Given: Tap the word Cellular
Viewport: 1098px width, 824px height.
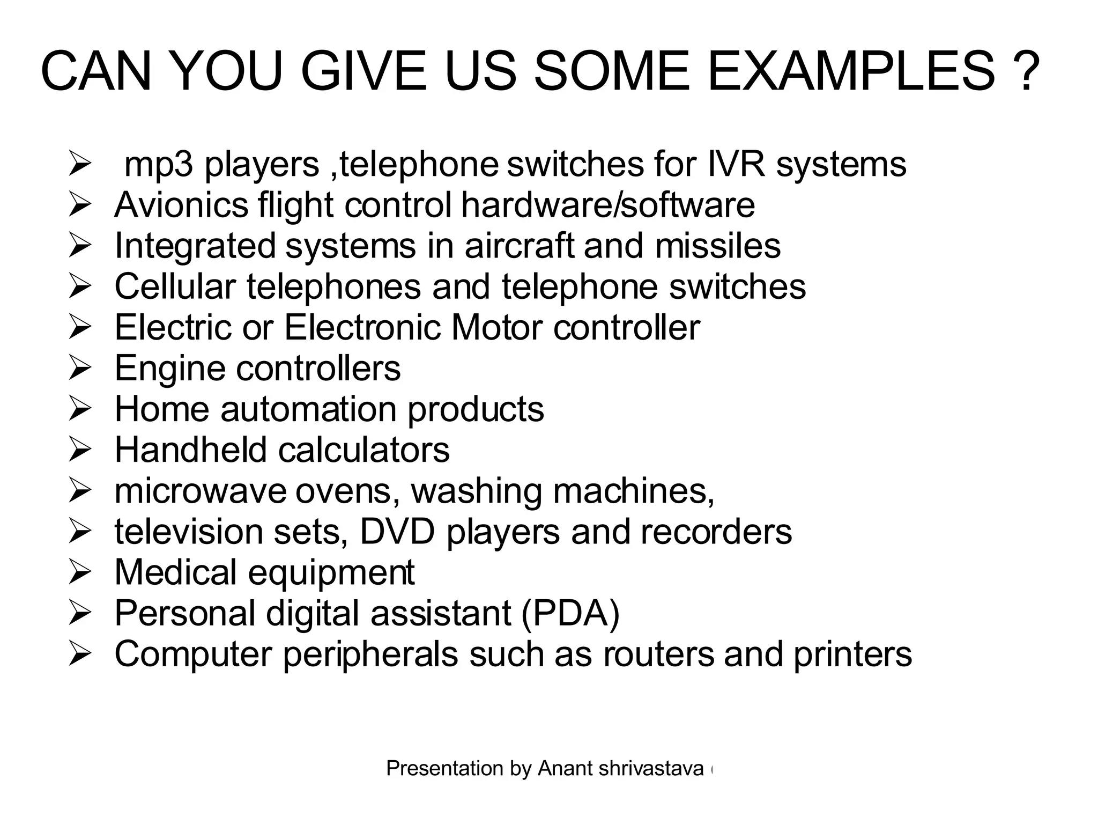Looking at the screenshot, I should coord(175,286).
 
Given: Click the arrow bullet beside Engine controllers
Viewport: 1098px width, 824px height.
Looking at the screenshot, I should coord(79,369).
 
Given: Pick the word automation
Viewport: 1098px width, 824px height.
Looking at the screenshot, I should coord(309,409).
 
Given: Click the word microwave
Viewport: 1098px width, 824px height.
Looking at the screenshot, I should coord(201,491).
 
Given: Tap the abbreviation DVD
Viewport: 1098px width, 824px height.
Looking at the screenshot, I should coord(397,532).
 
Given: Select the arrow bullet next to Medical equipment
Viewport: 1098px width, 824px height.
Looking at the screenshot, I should coord(79,573).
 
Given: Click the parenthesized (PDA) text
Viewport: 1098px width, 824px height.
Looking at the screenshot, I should coord(570,613).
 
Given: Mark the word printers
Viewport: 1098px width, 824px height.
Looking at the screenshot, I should coord(852,654).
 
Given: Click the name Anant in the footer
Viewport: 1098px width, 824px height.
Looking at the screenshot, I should coord(566,769).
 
